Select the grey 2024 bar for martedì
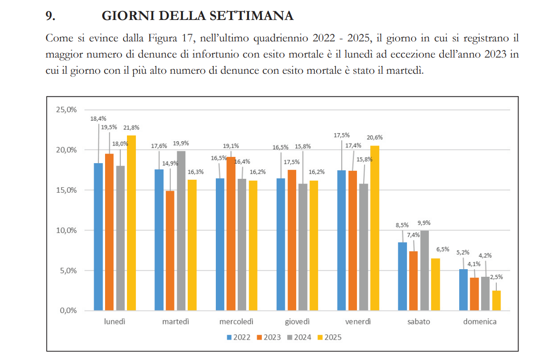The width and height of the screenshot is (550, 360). click(181, 231)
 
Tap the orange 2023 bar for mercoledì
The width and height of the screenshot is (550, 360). click(231, 234)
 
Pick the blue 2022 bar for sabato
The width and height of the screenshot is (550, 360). click(402, 276)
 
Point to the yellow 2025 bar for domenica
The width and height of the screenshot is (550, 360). click(496, 301)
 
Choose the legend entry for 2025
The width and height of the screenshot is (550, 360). click(329, 337)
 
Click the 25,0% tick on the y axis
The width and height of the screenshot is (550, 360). click(67, 109)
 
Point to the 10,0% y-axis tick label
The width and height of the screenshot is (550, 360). click(67, 230)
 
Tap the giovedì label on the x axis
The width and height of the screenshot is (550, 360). click(297, 321)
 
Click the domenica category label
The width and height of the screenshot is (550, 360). click(480, 321)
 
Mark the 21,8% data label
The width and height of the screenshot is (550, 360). click(131, 127)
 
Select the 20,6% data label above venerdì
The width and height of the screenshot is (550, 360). click(375, 137)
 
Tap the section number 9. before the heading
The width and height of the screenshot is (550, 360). click(50, 16)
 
